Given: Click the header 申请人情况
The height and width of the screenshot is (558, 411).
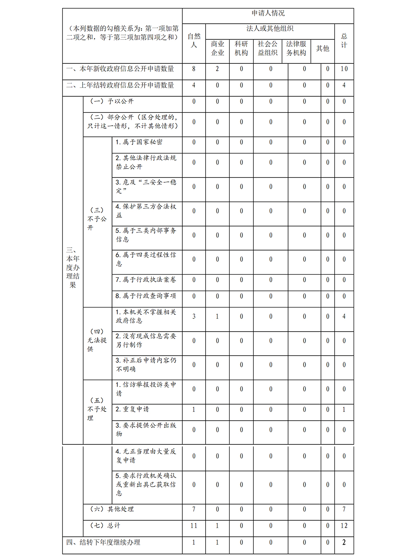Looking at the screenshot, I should point(268,13).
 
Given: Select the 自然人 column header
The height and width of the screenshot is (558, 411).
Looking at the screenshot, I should point(194,41).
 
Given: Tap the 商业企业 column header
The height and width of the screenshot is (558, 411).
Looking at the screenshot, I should point(217,49).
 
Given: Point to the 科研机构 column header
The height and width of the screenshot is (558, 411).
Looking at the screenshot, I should point(241,49).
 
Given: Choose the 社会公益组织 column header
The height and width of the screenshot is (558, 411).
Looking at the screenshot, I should point(267,49).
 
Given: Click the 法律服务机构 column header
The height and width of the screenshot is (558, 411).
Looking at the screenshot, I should point(296,49).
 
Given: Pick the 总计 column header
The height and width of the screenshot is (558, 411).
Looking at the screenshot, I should point(344,41).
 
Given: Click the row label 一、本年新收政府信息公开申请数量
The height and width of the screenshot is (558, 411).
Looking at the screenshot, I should point(120,69).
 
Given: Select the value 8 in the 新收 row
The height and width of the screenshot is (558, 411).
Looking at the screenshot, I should point(194,69).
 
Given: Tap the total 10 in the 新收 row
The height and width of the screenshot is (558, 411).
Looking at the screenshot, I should point(344,69).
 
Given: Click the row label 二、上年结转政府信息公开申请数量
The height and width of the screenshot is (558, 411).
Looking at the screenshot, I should point(120,86).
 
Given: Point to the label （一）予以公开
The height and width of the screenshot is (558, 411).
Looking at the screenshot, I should point(112,102).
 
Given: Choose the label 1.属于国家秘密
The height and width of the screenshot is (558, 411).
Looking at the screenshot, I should point(139,142).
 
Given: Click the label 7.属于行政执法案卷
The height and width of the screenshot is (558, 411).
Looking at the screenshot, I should point(146,280).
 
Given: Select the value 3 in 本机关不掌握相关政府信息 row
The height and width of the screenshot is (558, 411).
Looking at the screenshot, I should point(194,316).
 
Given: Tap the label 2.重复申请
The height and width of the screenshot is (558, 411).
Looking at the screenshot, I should point(132,409).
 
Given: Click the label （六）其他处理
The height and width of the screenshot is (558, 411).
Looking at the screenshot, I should point(112,509).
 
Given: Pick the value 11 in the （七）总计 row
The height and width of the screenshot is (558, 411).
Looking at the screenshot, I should point(194,526).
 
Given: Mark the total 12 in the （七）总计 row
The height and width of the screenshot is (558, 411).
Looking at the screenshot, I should point(344,526).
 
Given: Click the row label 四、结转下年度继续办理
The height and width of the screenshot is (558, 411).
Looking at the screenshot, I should point(104,542).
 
